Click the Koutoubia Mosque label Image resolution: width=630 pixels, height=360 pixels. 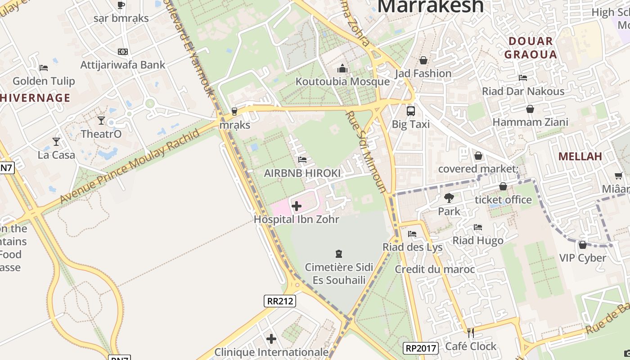tap(342, 81)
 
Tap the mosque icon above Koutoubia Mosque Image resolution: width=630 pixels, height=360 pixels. tap(342, 69)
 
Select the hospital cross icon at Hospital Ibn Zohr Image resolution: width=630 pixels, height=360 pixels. tap(297, 207)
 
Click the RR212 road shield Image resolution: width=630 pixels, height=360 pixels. tap(280, 301)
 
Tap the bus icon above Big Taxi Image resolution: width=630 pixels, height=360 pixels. tap(411, 111)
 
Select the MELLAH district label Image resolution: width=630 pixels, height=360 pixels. tap(580, 156)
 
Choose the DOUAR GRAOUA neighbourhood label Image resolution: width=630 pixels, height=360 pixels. tap(531, 48)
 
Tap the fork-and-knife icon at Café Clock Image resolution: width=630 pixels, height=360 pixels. tap(471, 333)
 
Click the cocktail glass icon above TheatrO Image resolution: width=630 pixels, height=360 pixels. tap(101, 121)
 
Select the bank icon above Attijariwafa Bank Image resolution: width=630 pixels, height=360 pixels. tap(122, 52)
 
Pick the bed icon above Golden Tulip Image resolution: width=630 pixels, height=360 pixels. tap(44, 68)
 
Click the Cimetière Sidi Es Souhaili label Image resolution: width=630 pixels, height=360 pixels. tap(339, 274)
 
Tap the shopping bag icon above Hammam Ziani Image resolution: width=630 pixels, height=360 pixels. tap(530, 109)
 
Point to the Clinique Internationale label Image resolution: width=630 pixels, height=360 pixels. tap(271, 352)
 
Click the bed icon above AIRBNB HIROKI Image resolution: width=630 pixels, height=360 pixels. tap(302, 160)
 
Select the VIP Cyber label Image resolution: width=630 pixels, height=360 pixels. tap(583, 258)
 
